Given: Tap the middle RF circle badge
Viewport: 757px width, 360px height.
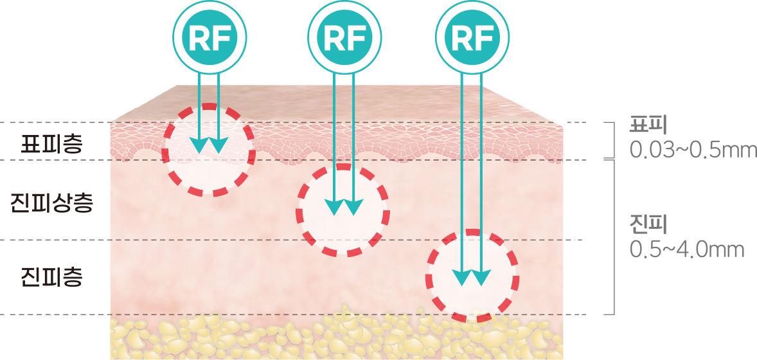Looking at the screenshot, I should pyautogui.click(x=345, y=37).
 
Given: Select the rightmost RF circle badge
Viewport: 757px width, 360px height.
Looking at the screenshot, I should pyautogui.click(x=472, y=37).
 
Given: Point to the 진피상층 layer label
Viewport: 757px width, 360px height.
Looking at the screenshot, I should pyautogui.click(x=52, y=204).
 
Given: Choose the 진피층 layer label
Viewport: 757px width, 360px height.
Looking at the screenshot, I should pyautogui.click(x=51, y=278).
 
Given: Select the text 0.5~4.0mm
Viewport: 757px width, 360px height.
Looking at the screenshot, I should pyautogui.click(x=686, y=249).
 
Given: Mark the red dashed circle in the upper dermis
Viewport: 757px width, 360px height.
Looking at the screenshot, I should pyautogui.click(x=343, y=211).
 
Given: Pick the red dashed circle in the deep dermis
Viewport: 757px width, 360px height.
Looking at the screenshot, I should pyautogui.click(x=472, y=276).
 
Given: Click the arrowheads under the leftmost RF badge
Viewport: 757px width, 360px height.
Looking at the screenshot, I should pyautogui.click(x=209, y=145).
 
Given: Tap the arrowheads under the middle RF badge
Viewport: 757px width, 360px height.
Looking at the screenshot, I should pyautogui.click(x=344, y=207).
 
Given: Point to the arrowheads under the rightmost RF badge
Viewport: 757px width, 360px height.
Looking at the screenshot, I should pyautogui.click(x=472, y=278).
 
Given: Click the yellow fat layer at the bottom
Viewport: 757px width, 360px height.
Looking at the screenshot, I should pyautogui.click(x=334, y=337).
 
